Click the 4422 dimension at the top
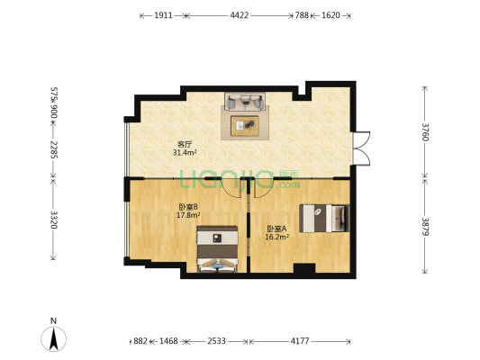tap(239, 15)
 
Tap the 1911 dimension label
tap(163, 15)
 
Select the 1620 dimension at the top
tap(331, 15)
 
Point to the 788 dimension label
tap(302, 15)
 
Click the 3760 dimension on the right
tap(425, 131)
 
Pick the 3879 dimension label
tap(425, 226)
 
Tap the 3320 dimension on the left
tap(54, 220)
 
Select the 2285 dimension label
tap(54, 149)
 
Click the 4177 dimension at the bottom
tap(300, 341)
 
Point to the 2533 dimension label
tap(216, 341)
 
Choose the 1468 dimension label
tap(168, 341)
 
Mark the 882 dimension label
tap(140, 341)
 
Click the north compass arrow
tap(54, 338)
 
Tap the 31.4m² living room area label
tap(185, 152)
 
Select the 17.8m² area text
tap(188, 215)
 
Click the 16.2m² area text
tap(277, 237)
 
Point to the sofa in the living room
tap(245, 101)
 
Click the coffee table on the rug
tap(245, 126)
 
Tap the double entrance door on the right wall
tap(361, 148)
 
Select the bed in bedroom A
tap(324, 219)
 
